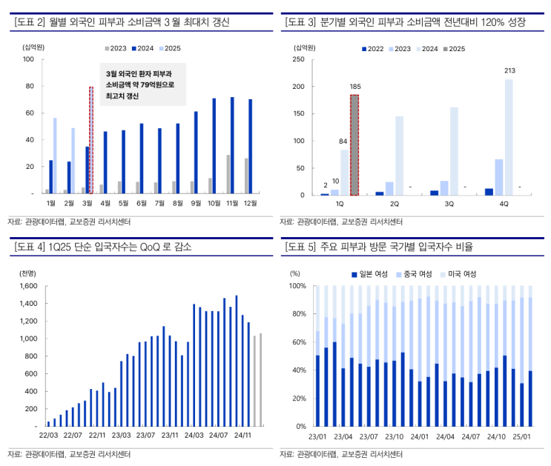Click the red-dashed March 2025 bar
[91, 141]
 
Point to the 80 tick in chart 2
[30, 86]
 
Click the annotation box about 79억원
[142, 84]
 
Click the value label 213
[509, 71]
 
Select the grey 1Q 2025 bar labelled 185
[354, 145]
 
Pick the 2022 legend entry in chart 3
[375, 48]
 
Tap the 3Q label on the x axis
[449, 203]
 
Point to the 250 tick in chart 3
[300, 59]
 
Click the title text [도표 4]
[30, 247]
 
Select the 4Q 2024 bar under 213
[509, 137]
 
